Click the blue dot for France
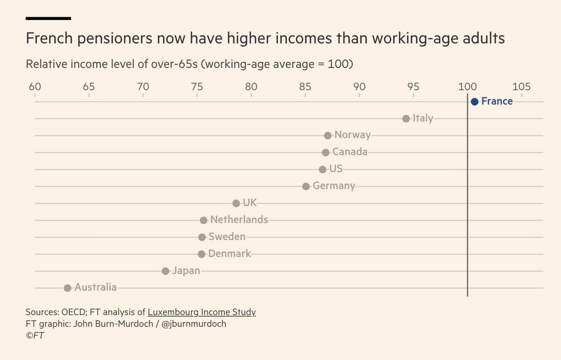coord(475,101)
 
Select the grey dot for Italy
coord(406,119)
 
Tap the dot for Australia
coord(67,288)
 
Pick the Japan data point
coord(165,271)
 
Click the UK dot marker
coord(236,203)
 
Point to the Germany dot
coord(306,186)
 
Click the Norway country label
coord(352,136)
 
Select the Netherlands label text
coord(239,220)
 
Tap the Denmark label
coord(230,254)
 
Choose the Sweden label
coord(227,237)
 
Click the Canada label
coord(350,152)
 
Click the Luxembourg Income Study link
coord(201,312)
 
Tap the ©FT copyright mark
coord(35,335)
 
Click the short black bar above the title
coord(48,18)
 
